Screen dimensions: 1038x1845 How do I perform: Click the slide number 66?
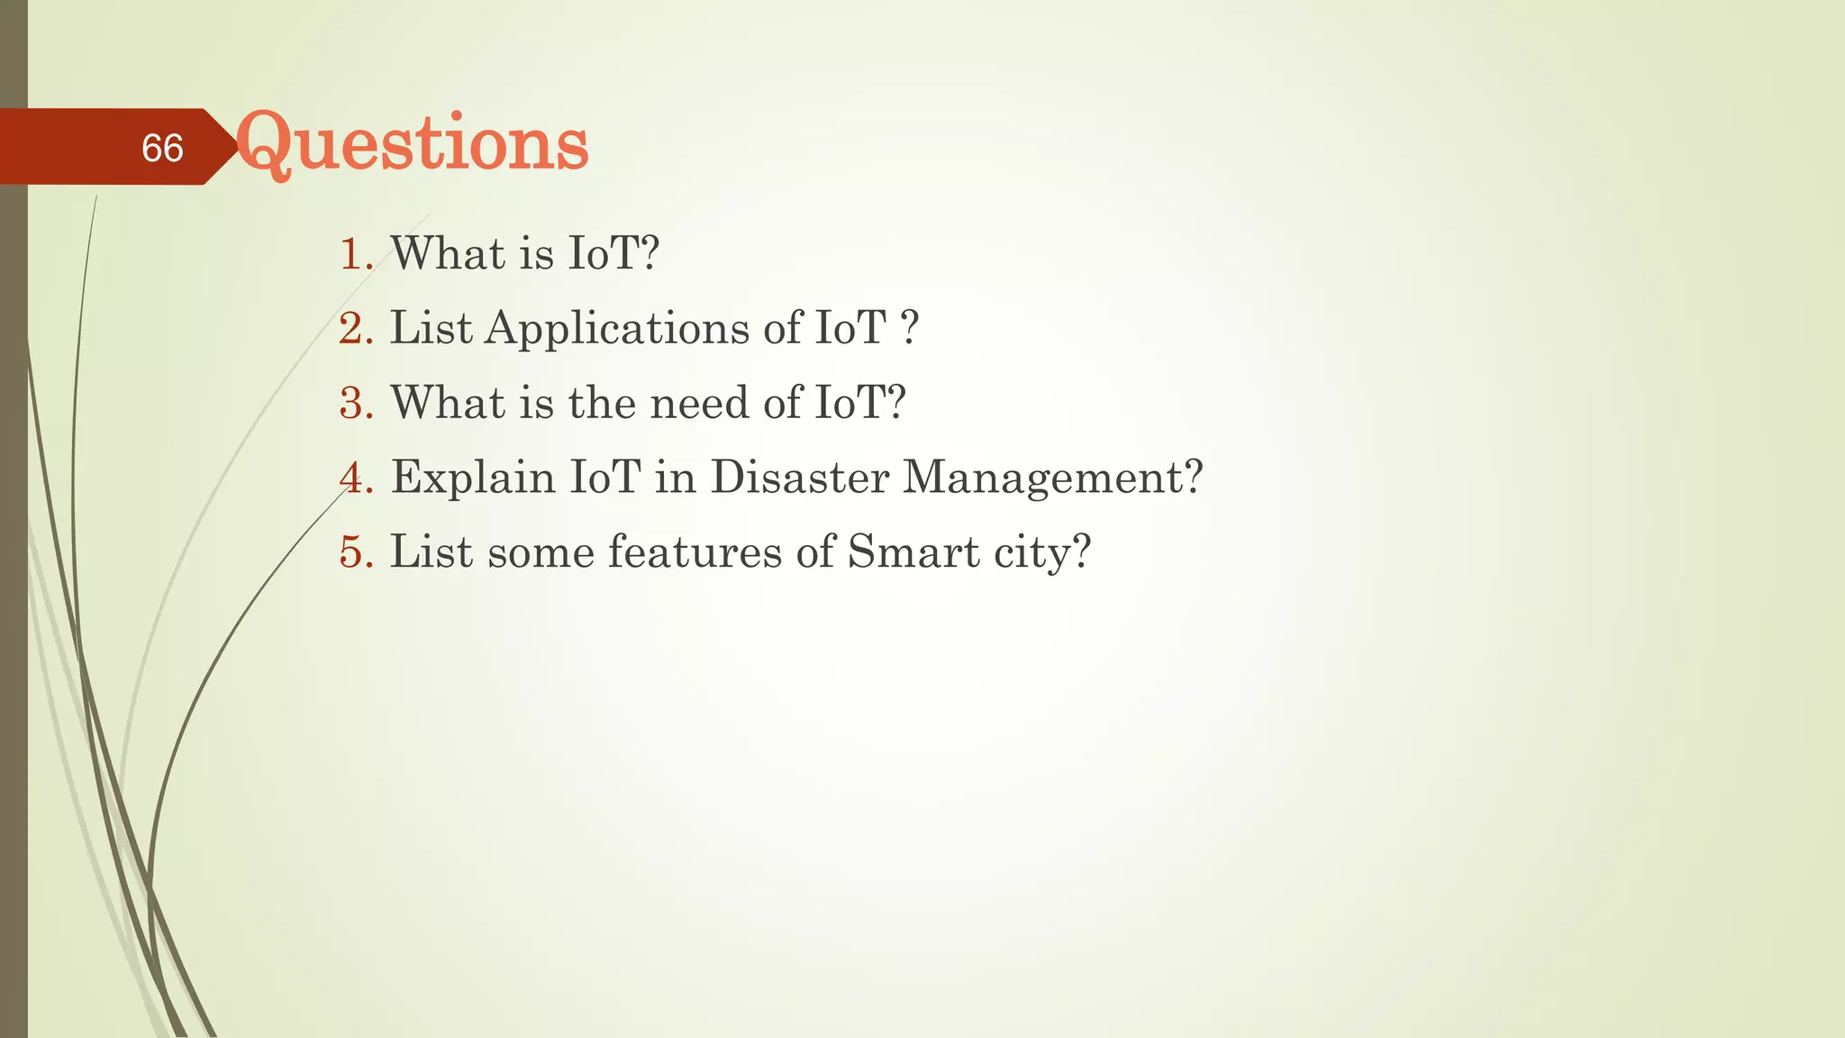coord(162,148)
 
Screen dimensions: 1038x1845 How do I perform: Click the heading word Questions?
coord(412,144)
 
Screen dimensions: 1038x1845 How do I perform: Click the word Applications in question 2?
coord(617,329)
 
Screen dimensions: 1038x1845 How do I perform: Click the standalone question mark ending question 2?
coord(910,329)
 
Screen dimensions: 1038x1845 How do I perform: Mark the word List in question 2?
coord(431,329)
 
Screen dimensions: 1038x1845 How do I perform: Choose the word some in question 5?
coord(541,552)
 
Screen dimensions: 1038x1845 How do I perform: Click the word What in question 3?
coord(448,403)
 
